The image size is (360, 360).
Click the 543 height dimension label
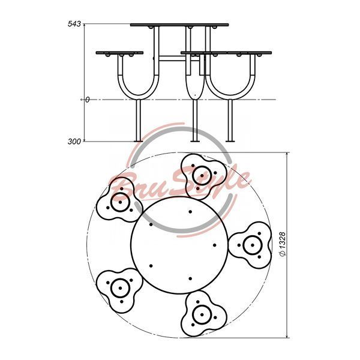[74, 23]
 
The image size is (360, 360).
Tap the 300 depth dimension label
[74, 142]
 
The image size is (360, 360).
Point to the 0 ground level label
[87, 100]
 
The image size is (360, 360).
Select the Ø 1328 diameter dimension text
[283, 244]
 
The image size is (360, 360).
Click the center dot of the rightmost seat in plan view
[253, 245]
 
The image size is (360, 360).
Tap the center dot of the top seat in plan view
[202, 176]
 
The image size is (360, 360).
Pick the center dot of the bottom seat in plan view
[202, 314]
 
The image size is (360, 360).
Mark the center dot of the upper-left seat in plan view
[121, 202]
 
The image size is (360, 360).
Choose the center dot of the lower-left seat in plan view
[121, 288]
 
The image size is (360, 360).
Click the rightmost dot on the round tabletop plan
[214, 245]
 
